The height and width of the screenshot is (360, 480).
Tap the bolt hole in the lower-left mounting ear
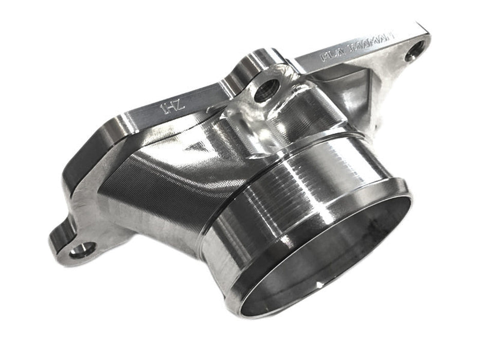82,250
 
